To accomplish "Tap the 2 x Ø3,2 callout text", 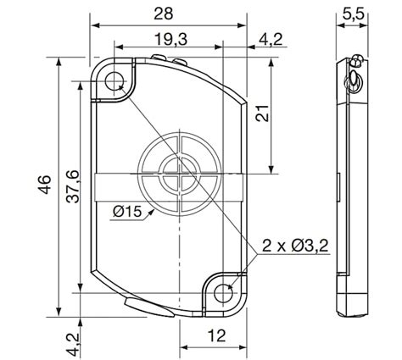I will pos(296,246).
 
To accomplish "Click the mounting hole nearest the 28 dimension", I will pos(114,81).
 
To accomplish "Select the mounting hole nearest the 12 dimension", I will pos(224,291).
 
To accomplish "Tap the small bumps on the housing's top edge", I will pos(169,59).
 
